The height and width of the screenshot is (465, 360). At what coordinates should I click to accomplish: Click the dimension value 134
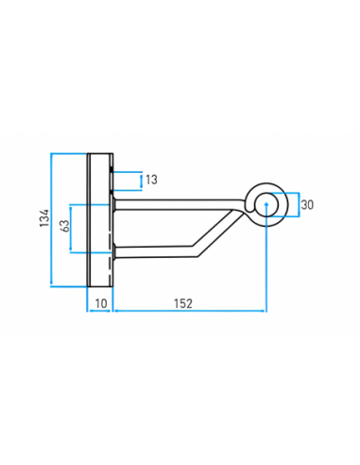tap(44, 217)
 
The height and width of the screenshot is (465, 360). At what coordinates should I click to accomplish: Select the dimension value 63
tap(64, 226)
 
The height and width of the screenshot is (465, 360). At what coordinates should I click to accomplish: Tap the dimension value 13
tap(151, 180)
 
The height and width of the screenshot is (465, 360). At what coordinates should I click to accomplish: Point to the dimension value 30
tap(307, 205)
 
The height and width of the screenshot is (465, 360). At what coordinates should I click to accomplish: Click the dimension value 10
tap(101, 303)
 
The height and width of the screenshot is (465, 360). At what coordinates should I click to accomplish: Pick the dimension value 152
tap(183, 303)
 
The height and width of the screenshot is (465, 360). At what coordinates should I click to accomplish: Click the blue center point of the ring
tap(266, 204)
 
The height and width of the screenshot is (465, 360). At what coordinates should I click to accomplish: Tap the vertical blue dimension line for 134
tap(52, 220)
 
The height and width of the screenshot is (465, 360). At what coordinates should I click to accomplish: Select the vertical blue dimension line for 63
tap(71, 229)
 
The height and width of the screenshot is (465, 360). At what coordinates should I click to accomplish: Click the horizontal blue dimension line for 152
tap(190, 311)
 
